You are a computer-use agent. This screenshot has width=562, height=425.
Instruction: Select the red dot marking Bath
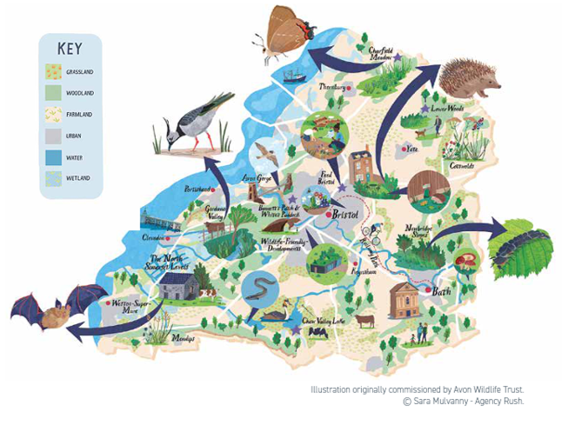tap(429, 289)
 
